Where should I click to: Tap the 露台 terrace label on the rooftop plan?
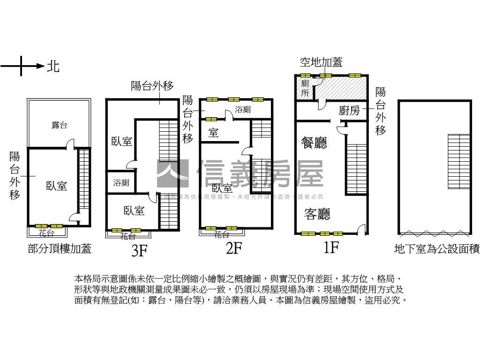59,125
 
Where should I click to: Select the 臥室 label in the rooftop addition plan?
56,186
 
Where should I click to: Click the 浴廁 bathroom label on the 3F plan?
121,183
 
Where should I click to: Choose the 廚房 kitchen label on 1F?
349,111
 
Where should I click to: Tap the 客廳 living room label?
317,214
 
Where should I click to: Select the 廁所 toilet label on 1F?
305,88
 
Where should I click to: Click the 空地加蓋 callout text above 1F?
321,62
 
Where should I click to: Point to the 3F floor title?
139,251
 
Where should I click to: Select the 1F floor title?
331,247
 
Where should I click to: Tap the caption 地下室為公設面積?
437,249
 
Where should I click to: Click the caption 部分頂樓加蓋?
59,249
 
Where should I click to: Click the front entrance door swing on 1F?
360,229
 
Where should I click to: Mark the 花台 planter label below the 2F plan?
221,234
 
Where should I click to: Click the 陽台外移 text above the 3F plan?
152,86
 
